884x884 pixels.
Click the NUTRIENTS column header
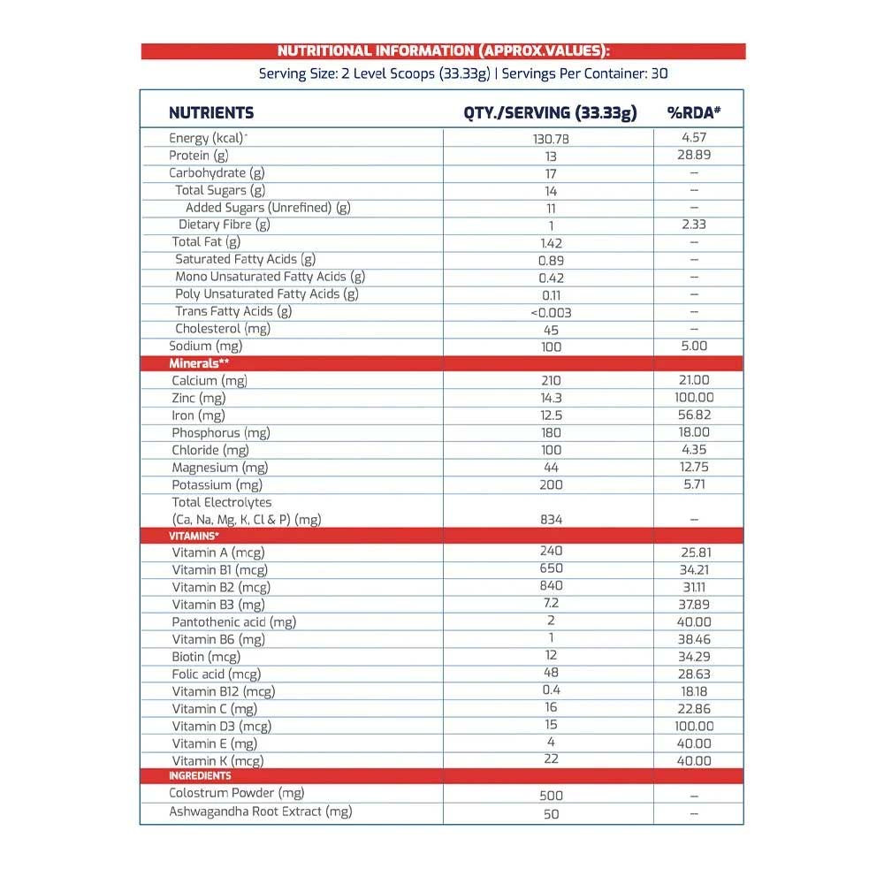[211, 113]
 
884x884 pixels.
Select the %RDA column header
[694, 113]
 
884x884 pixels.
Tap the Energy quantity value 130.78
[551, 139]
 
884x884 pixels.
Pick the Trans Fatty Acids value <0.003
[551, 312]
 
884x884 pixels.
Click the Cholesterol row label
[222, 329]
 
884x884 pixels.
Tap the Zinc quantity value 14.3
[551, 398]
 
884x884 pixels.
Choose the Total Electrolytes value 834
[551, 520]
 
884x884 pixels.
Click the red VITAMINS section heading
[194, 536]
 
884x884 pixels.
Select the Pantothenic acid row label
[233, 621]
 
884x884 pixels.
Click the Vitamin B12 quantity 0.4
[551, 690]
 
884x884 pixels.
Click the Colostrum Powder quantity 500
[551, 796]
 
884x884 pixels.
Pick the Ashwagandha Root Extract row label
[260, 812]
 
